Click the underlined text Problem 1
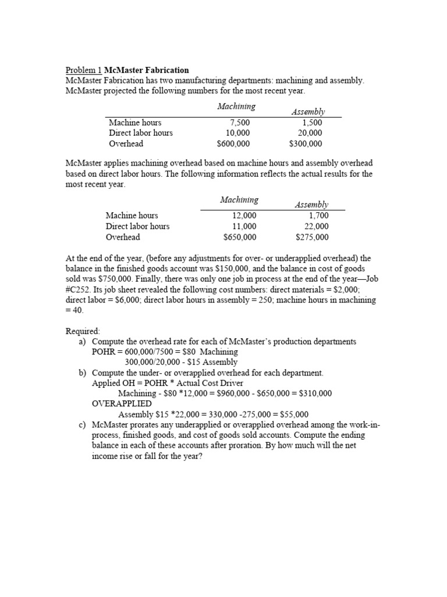coord(84,71)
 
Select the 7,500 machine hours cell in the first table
coord(240,123)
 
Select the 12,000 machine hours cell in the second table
coord(244,216)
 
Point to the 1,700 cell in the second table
coord(318,216)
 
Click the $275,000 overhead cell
coord(312,237)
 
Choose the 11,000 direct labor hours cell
coord(244,226)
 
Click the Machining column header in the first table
coord(236,106)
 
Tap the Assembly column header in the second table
coord(311,205)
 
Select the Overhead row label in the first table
coord(126,143)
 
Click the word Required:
coord(83,331)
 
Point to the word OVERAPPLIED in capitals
coord(122,403)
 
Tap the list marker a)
coord(83,341)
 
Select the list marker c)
coord(83,425)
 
